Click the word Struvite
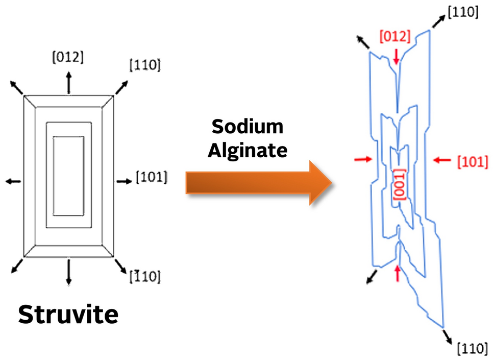click(68, 315)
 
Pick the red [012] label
click(394, 36)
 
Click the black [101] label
click(152, 178)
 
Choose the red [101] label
click(472, 162)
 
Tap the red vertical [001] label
click(398, 184)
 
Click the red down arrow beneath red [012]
click(397, 56)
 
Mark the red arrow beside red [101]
click(442, 160)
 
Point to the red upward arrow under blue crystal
click(398, 273)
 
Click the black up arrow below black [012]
click(68, 82)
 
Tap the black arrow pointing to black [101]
click(125, 181)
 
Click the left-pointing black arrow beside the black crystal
click(13, 181)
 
